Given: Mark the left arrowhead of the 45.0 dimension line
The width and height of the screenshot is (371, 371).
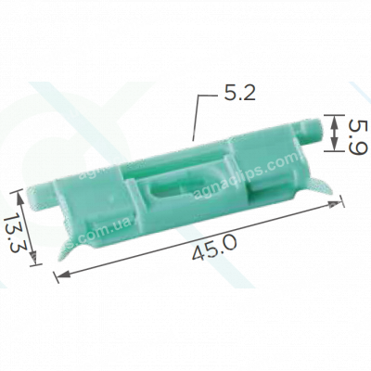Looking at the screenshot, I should coord(59,274).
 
